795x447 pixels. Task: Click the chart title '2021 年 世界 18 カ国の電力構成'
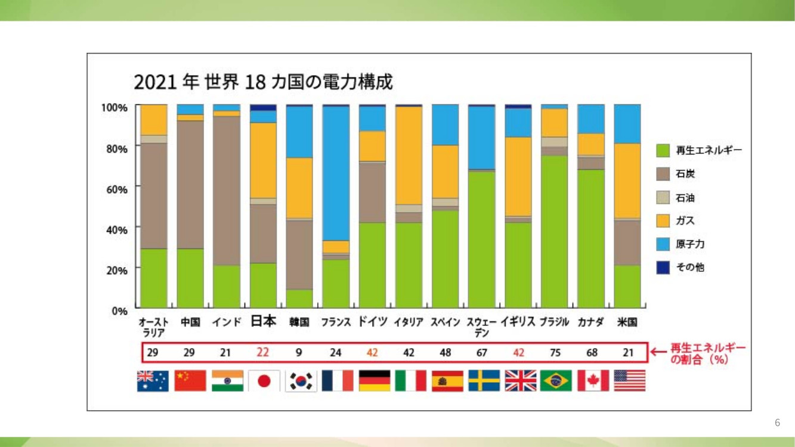263,82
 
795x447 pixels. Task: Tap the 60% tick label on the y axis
117,190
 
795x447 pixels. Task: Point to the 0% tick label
120,311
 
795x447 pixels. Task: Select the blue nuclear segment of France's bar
336,173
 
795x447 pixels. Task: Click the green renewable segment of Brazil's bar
555,232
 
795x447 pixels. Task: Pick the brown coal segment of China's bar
190,185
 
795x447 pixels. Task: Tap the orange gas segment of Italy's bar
409,156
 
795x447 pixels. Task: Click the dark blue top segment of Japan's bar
263,107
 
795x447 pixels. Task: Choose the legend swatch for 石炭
663,174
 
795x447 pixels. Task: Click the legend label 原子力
690,244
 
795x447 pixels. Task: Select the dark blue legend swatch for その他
663,268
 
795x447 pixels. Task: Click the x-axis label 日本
263,321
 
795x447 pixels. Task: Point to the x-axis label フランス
336,322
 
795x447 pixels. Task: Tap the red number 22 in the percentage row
262,352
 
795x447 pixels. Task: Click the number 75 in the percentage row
555,353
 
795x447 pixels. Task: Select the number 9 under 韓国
299,353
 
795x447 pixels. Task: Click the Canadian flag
593,381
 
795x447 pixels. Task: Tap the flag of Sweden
484,381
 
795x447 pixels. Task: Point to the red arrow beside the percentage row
658,352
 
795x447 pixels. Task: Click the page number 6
777,423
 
